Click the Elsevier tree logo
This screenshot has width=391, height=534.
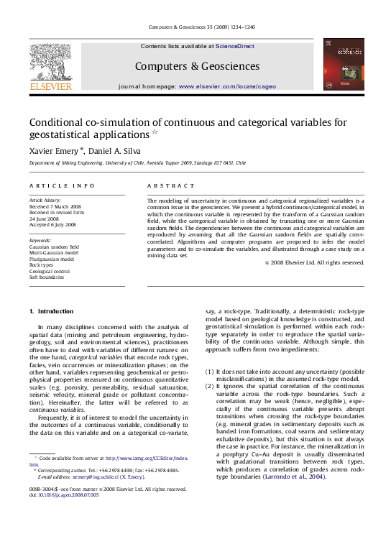point(50,61)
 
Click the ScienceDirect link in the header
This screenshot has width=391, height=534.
point(235,46)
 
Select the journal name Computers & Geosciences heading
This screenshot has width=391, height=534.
point(197,66)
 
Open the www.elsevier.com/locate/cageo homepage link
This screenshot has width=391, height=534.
point(226,86)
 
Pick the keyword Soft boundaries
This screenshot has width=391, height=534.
point(46,277)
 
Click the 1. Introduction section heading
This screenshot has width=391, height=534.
point(50,311)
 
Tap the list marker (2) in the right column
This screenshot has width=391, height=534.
point(210,387)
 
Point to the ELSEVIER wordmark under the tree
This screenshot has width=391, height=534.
point(50,86)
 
